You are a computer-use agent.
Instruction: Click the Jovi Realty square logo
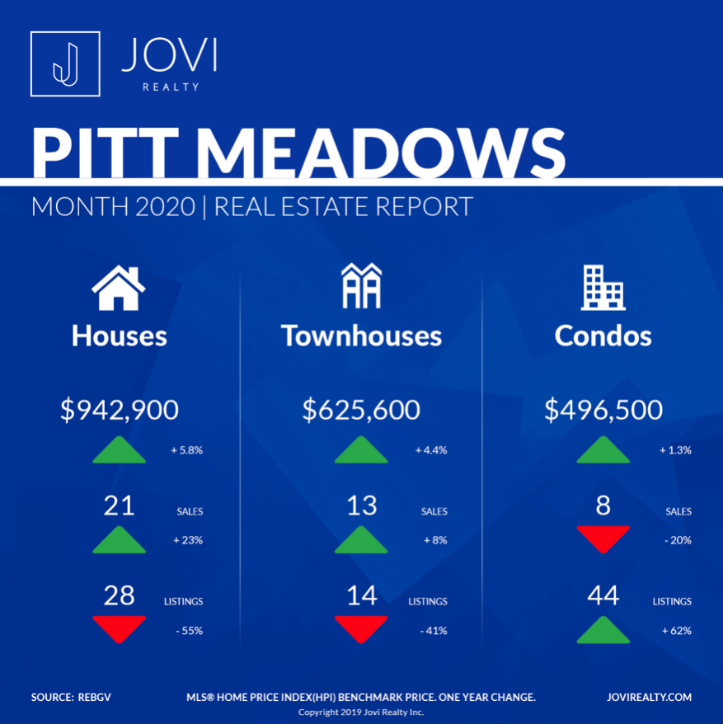click(65, 63)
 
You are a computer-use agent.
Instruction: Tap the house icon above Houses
click(119, 289)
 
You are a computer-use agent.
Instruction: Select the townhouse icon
click(362, 286)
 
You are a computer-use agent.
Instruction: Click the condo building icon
click(603, 288)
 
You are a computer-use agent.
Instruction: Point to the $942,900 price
click(120, 410)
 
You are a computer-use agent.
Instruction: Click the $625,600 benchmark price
click(361, 410)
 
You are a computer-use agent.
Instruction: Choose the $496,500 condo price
click(603, 410)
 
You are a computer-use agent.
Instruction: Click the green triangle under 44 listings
click(603, 629)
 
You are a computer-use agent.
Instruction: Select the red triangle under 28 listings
click(120, 629)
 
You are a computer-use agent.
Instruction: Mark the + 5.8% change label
click(187, 451)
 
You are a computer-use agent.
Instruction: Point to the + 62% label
click(675, 631)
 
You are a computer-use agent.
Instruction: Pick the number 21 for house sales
click(120, 505)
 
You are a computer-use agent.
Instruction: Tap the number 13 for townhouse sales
click(362, 505)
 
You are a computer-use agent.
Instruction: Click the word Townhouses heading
click(361, 336)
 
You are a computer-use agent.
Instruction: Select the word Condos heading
click(603, 336)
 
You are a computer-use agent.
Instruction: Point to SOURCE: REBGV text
click(71, 698)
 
